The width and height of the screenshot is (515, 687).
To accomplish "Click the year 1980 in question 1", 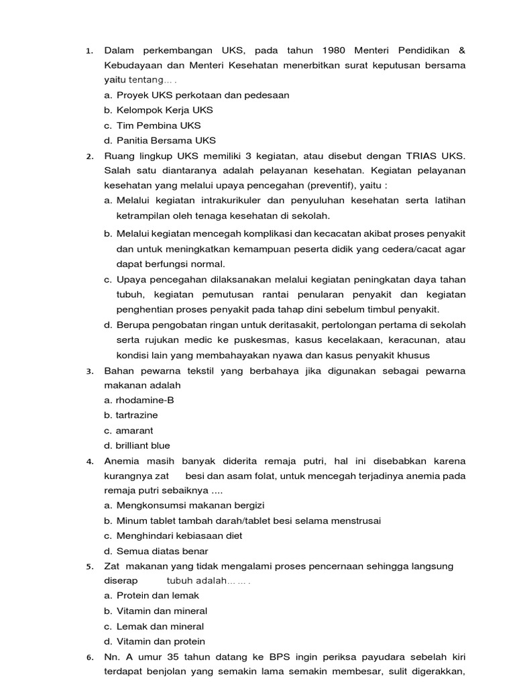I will click(x=336, y=50).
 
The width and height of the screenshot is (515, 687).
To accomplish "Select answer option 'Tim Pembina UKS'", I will click(x=158, y=125).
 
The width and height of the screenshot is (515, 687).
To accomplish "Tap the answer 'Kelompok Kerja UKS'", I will click(x=164, y=110).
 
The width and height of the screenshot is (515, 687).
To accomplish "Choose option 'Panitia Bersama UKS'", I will click(x=166, y=140).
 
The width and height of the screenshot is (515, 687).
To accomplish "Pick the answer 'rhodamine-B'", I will click(x=145, y=400).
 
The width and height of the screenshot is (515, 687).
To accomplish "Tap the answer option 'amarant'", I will click(x=135, y=430).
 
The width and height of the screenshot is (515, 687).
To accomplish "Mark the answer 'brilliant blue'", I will click(x=143, y=445).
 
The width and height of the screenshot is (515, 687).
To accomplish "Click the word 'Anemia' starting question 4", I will click(x=122, y=461).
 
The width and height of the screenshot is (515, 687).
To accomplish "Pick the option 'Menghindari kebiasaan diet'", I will click(x=179, y=535).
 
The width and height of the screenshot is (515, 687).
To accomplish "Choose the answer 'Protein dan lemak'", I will click(x=158, y=595).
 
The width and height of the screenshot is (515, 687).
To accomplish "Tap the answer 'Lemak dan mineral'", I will click(x=160, y=626).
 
